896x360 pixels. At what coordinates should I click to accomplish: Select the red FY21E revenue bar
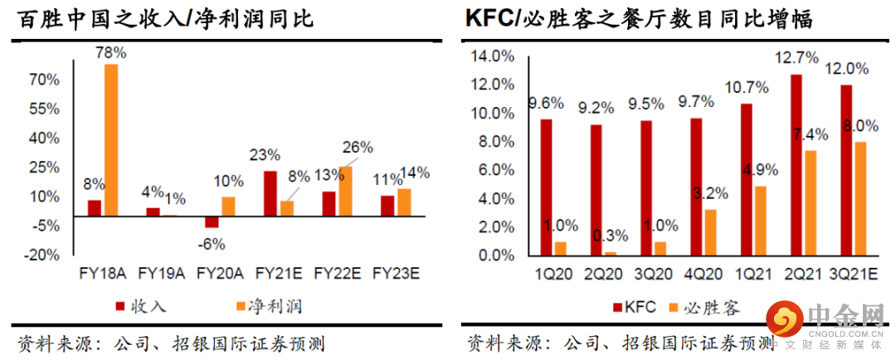[x=270, y=193]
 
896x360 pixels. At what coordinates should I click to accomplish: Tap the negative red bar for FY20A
[x=212, y=221]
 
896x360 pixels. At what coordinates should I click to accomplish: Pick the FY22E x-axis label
[x=335, y=272]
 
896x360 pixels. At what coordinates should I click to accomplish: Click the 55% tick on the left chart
[x=46, y=109]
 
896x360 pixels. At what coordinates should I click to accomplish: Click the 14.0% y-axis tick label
[x=492, y=56]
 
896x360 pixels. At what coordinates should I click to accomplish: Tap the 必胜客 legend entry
[x=704, y=308]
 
